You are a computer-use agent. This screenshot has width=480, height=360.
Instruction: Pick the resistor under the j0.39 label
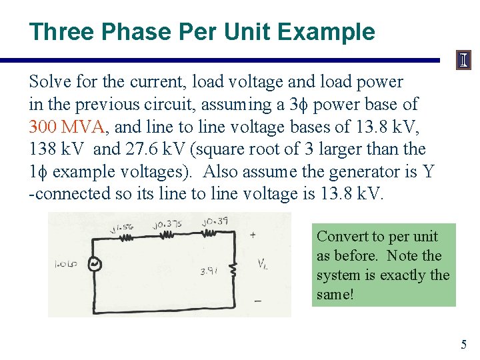pos(209,233)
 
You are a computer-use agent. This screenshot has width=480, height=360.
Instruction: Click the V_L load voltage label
pos(263,265)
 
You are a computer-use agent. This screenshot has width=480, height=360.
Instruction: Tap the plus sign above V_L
pos(253,235)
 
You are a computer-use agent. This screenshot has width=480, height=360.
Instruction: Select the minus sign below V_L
pos(257,300)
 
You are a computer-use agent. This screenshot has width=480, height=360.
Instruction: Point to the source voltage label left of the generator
pos(65,264)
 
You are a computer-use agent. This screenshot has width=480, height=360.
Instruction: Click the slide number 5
pos(464,345)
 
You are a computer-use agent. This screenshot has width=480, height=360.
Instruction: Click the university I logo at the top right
pos(463,61)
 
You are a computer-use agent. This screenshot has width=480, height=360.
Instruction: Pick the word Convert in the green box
pos(339,237)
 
